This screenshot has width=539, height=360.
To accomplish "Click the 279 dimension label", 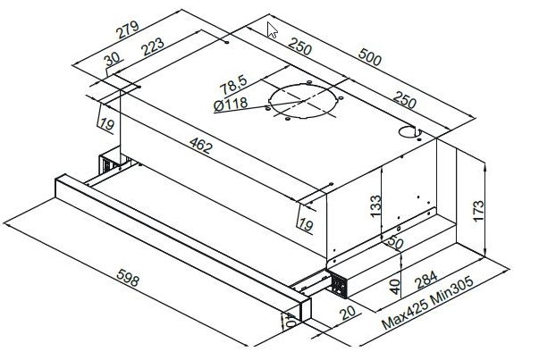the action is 127,29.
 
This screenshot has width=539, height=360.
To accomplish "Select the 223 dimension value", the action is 153,46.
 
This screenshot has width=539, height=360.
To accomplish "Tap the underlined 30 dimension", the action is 112,59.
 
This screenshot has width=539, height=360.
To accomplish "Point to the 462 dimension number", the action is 201,146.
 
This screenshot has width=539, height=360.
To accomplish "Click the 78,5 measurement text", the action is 233,85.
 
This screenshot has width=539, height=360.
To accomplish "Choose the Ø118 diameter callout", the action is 231,105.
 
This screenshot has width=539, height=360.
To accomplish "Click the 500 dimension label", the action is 369,57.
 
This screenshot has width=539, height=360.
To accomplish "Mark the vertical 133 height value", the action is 375,205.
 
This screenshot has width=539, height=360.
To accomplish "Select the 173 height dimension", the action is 478,211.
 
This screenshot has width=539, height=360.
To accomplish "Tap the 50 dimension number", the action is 395,242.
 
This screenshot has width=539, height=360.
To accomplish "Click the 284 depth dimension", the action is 425,280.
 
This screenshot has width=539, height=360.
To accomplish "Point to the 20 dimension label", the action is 348,313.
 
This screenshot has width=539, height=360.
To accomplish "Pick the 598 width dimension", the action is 128,278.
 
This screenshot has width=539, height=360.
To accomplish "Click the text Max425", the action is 405,313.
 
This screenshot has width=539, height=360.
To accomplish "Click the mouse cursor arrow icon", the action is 272,30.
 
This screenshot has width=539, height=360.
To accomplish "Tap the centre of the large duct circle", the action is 303,101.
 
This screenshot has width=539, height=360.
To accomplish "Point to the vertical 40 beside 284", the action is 395,287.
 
